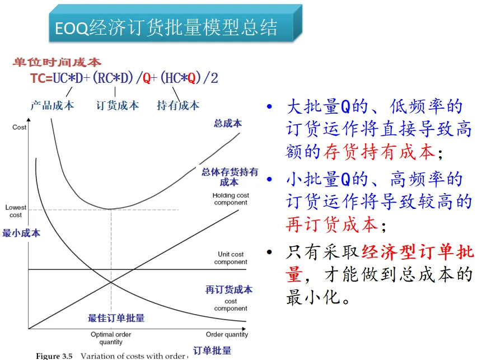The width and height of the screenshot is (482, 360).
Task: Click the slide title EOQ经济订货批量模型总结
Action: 166,27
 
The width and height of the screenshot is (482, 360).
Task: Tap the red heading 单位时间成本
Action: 57,62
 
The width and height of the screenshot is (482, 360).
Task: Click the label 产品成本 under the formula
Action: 52,105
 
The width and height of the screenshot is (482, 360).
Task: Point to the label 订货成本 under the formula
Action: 118,105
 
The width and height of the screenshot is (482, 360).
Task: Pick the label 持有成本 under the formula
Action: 178,105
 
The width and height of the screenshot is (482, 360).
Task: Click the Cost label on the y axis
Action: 19,127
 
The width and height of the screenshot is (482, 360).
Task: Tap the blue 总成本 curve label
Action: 228,123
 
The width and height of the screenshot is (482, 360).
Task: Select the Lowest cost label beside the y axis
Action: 16,211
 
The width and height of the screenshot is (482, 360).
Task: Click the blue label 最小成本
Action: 21,233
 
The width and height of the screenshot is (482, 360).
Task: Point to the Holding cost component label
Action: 231,199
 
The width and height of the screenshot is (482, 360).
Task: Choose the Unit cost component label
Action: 231,258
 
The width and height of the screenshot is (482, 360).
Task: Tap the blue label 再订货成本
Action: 229,289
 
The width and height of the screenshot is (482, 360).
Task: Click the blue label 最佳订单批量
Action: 116,318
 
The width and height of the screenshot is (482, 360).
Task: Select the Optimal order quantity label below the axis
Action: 111,338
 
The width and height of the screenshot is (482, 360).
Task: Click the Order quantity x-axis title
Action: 227,334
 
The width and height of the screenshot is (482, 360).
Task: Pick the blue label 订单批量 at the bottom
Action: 212,350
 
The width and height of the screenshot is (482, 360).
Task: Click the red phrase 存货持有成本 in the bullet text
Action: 379,152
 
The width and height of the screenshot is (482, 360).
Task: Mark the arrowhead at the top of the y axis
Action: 29,120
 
